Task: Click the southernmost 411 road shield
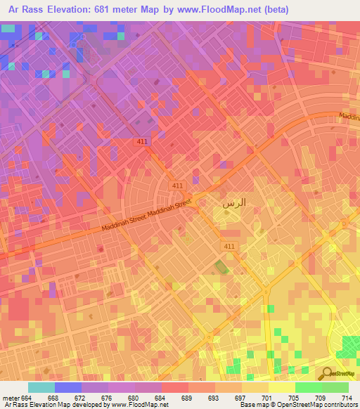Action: coord(229,247)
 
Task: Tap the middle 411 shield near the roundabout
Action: coord(178,185)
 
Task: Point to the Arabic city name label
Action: coord(233,203)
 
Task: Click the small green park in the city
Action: coord(221,268)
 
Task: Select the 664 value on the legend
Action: coord(27,398)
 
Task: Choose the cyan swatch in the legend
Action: coord(41,387)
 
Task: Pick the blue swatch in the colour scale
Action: coord(68,387)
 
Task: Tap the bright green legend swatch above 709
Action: coord(308,387)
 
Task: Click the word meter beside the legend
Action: coord(11,398)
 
